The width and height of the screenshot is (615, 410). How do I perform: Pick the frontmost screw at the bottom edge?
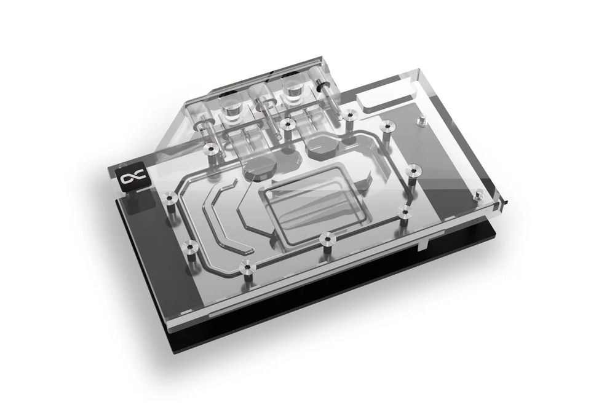pyautogui.click(x=247, y=266)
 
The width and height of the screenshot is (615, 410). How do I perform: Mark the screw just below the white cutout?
pyautogui.click(x=387, y=127)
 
